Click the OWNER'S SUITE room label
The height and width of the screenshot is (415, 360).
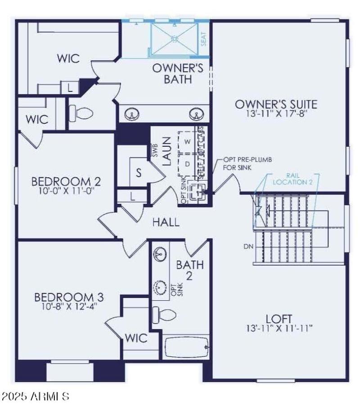click(x=276, y=104)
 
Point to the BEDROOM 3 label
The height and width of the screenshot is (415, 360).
click(x=69, y=297)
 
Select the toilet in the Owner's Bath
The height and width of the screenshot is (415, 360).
click(x=81, y=114)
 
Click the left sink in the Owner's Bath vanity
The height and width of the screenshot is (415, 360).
click(x=131, y=114)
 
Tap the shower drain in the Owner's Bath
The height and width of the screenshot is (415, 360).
click(x=174, y=39)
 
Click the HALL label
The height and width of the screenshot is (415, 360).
click(x=166, y=222)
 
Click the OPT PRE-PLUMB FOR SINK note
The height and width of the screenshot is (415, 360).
click(x=248, y=164)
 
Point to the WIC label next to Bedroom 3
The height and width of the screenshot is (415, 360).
click(x=136, y=338)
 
